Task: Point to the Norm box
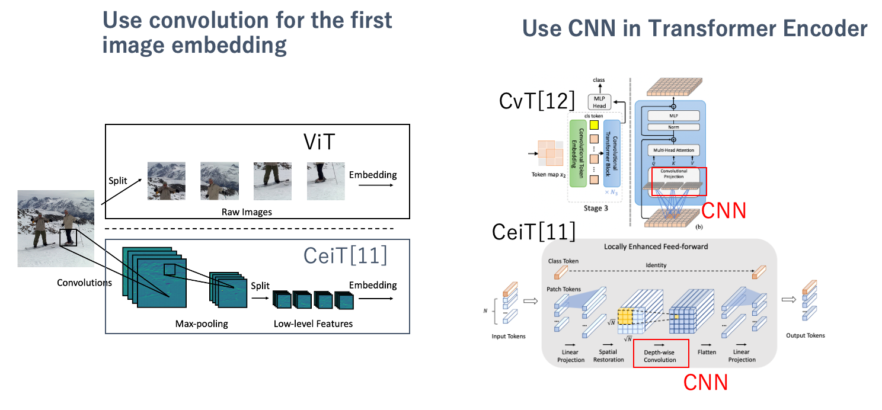tap(673, 127)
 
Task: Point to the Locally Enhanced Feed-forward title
tap(656, 246)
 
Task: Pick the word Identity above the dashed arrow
tap(656, 265)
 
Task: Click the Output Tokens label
tap(805, 335)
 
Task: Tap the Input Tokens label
tap(509, 336)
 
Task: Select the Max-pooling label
tap(202, 323)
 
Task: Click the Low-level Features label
tap(313, 323)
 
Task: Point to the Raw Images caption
tap(247, 212)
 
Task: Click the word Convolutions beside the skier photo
tap(84, 283)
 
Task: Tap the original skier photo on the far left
tap(56, 228)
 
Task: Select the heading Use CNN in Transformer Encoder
tap(695, 28)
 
